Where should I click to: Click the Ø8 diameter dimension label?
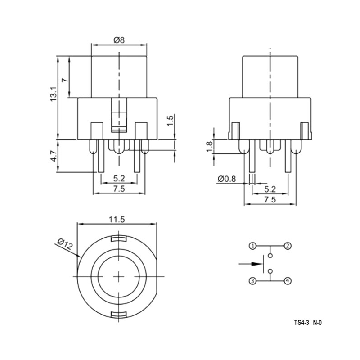click(x=119, y=40)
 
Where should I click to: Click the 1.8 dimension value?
click(x=208, y=147)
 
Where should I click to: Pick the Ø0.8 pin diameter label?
click(x=227, y=179)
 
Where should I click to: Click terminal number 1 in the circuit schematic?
click(x=253, y=246)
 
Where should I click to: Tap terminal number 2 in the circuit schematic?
click(x=287, y=246)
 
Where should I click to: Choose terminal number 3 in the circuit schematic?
click(x=253, y=281)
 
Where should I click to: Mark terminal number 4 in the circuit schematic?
click(x=287, y=281)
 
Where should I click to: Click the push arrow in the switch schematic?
click(x=247, y=263)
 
